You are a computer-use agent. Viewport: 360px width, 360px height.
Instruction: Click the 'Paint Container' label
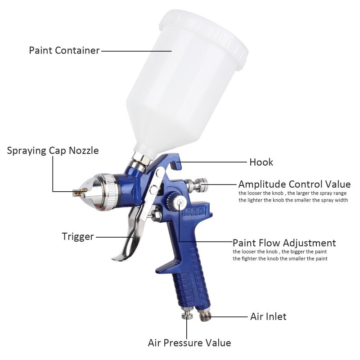(x=64, y=50)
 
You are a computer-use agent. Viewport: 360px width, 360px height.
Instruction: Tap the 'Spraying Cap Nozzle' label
(x=53, y=150)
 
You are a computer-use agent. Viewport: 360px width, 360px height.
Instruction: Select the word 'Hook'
(x=261, y=162)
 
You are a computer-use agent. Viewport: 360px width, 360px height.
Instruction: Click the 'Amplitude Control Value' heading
(x=294, y=184)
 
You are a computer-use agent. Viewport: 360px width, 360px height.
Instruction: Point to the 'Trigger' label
(x=78, y=236)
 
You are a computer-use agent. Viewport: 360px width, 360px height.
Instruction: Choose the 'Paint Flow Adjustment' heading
(x=284, y=243)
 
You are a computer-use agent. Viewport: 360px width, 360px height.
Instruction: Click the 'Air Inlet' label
(x=268, y=317)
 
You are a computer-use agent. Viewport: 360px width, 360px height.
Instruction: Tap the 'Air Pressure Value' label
(x=189, y=343)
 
